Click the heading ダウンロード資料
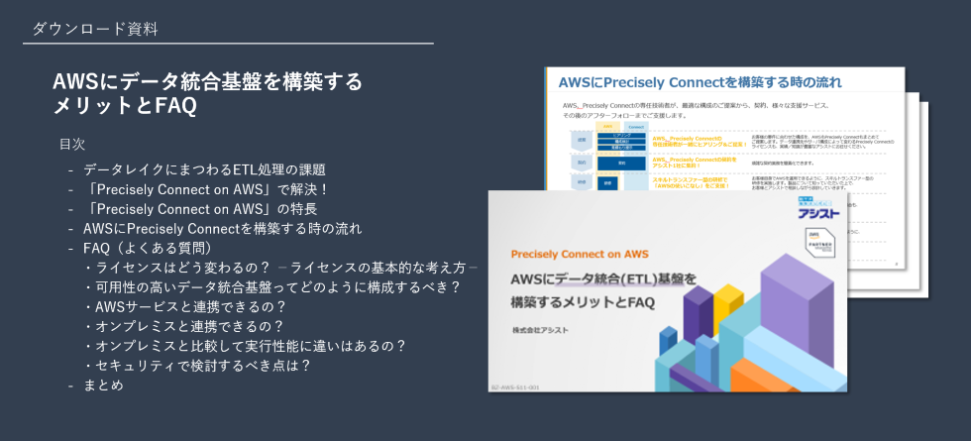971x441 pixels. pos(94,29)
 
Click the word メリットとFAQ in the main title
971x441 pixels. pos(125,105)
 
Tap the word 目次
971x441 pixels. pos(72,145)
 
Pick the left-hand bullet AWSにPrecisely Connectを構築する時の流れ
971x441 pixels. pos(222,228)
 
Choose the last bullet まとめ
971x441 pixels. pos(104,385)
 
